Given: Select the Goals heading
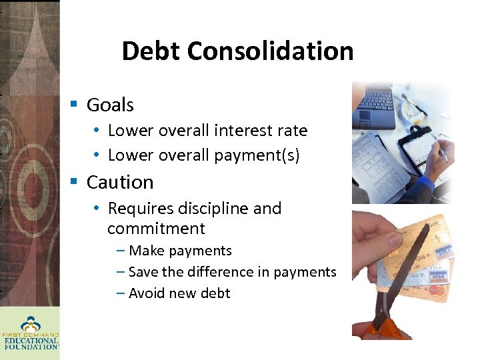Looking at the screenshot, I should click(x=110, y=105).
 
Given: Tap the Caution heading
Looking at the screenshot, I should click(x=120, y=182).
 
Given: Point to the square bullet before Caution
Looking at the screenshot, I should click(x=75, y=182).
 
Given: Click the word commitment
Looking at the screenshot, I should click(x=156, y=229).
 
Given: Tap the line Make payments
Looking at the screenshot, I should click(x=179, y=251).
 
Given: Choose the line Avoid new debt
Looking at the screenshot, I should click(x=179, y=293).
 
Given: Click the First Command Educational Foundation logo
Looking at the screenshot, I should click(x=31, y=331).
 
